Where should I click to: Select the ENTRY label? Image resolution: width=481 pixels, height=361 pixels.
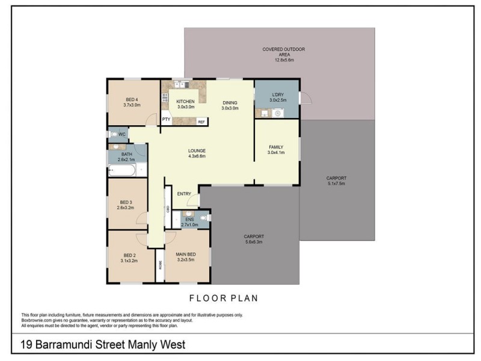(x=185, y=193)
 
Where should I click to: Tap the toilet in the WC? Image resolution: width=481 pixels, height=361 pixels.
(x=114, y=134)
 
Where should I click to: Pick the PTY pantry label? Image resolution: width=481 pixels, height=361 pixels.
(x=165, y=120)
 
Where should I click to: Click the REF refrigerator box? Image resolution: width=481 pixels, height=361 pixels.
(x=201, y=122)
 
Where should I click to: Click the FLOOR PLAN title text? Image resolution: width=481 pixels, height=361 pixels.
(x=224, y=297)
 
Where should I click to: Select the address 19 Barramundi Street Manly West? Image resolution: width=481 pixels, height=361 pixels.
(x=100, y=344)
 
